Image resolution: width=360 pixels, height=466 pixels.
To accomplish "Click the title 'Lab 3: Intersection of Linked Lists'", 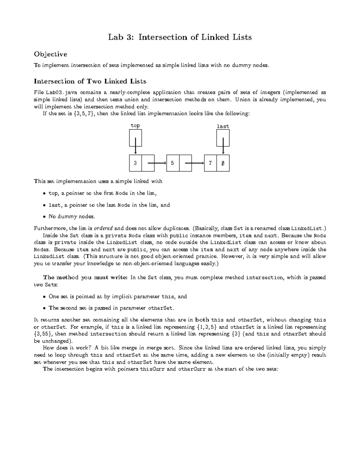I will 180,37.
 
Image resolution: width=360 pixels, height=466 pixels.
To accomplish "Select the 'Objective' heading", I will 50,54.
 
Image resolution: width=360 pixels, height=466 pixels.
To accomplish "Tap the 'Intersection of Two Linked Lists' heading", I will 90,81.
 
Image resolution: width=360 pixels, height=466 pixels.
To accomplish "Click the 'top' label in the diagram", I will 135,125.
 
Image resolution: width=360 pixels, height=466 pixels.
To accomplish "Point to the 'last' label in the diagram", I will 223,126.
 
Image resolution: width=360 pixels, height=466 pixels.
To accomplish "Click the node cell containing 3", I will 136,163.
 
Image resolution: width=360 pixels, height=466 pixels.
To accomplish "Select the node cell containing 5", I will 173,163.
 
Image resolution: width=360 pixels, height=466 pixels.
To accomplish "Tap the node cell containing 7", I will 211,163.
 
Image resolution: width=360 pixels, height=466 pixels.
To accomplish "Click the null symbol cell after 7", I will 223,163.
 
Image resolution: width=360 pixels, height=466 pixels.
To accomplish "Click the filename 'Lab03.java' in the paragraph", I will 58,92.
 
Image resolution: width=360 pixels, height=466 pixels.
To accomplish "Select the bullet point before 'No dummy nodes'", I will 44,216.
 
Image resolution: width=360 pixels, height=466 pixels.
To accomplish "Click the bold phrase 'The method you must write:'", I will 85,278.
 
